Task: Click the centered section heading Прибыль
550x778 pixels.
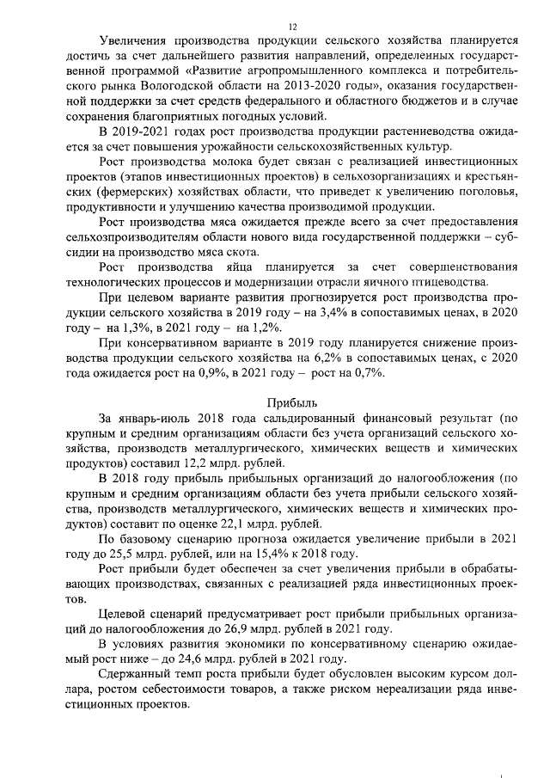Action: coord(292,401)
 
